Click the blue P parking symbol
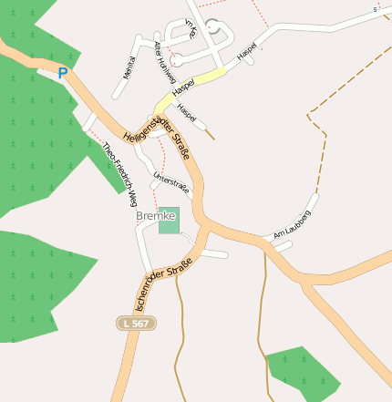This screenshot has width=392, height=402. pyautogui.click(x=62, y=73)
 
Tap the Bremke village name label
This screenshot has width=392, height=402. pyautogui.click(x=155, y=216)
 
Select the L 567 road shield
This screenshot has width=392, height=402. pyautogui.click(x=137, y=324)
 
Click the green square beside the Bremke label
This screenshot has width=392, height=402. pyautogui.click(x=170, y=221)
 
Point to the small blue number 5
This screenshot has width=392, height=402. pyautogui.click(x=374, y=9)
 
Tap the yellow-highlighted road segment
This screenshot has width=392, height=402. pyautogui.click(x=205, y=79)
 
